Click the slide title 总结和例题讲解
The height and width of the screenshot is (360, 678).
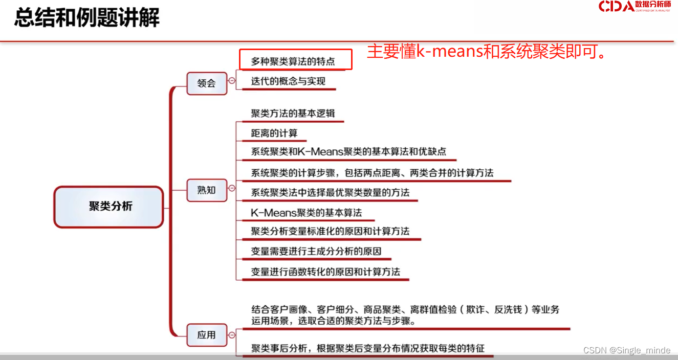[87, 18]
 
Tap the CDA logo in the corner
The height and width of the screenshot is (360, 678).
[634, 7]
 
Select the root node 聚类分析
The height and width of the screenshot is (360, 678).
[109, 207]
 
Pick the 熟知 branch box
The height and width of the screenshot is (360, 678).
[207, 190]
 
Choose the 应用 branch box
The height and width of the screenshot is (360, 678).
[207, 335]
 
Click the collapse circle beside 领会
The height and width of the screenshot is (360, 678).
[232, 81]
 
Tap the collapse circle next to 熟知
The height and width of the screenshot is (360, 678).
[232, 188]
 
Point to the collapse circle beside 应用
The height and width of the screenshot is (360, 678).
[232, 335]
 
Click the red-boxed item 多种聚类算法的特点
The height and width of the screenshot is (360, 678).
[293, 61]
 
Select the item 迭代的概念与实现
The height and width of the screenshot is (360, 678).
[288, 81]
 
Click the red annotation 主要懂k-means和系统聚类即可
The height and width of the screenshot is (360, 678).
[487, 52]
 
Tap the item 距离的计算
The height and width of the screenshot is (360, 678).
[274, 133]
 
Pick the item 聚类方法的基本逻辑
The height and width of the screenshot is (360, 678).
[293, 114]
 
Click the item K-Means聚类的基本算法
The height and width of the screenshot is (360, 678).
[306, 212]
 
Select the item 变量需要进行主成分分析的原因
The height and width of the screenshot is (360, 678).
[316, 252]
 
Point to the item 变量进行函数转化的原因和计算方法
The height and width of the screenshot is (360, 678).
[325, 272]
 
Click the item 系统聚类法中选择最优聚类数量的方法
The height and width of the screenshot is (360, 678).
[330, 193]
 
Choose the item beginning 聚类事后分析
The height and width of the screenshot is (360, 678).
[367, 348]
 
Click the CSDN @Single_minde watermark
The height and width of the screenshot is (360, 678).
[626, 350]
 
